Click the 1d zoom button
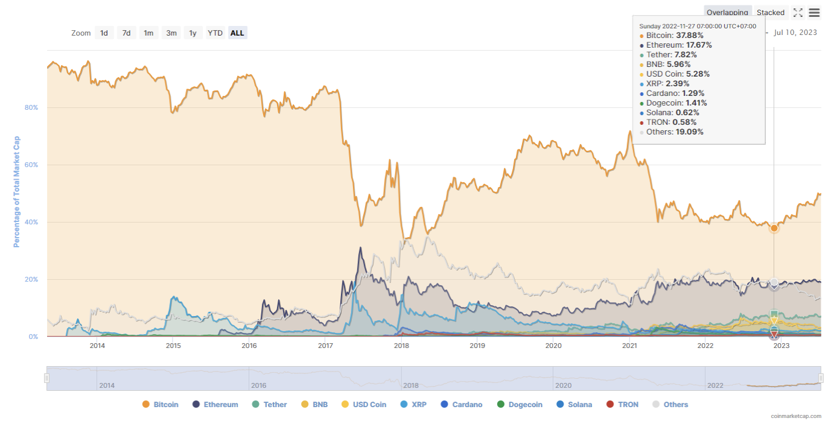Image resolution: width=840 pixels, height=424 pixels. tap(104, 33)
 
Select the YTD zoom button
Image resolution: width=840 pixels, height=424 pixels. tap(215, 33)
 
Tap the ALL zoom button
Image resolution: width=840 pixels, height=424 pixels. tap(237, 33)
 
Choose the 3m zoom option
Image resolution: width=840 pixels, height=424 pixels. tap(171, 33)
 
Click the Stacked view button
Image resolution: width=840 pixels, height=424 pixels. tap(771, 13)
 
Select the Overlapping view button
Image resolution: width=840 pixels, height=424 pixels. tap(727, 13)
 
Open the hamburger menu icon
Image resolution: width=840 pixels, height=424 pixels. tap(814, 13)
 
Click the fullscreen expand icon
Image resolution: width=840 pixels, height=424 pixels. tap(798, 13)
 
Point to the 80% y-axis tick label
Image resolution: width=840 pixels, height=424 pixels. tap(31, 107)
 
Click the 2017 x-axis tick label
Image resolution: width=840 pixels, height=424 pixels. tap(325, 346)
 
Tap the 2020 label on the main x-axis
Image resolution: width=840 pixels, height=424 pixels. tap(553, 346)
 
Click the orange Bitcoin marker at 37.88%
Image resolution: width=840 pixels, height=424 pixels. tap(774, 228)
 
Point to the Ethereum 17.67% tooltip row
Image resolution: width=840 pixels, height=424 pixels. tap(678, 45)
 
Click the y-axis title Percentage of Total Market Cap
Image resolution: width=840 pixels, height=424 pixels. tap(17, 191)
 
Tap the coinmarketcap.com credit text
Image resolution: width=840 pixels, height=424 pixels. tap(796, 416)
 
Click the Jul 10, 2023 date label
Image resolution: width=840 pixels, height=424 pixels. tap(795, 33)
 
